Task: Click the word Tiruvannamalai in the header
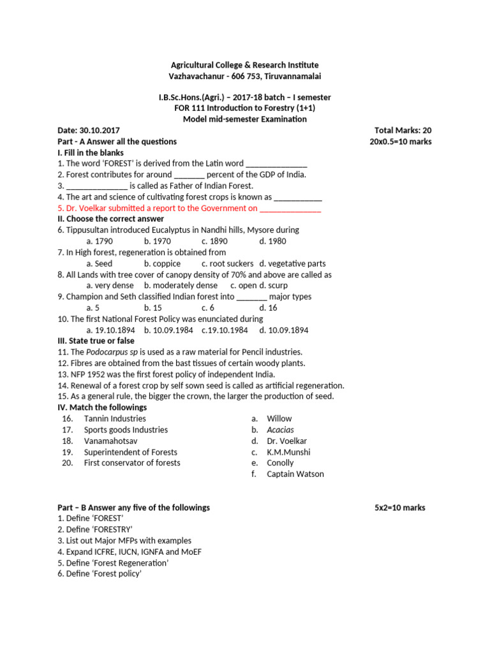click(x=291, y=76)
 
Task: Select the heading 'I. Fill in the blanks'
click(x=91, y=153)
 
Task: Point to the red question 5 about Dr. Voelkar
click(x=189, y=208)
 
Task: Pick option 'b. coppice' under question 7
click(x=162, y=263)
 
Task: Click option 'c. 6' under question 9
click(x=208, y=307)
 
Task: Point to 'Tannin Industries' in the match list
click(x=115, y=418)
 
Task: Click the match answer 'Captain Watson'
click(x=295, y=474)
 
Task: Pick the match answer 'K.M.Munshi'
click(x=288, y=452)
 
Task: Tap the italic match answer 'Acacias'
click(x=280, y=430)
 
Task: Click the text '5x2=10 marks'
click(x=399, y=508)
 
